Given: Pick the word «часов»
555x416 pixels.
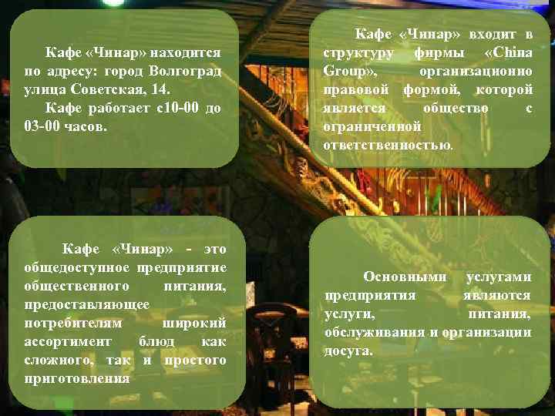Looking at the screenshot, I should [x=89, y=126].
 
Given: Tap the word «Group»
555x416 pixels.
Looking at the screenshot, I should [x=346, y=72].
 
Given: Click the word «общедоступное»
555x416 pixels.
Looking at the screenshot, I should [x=77, y=267].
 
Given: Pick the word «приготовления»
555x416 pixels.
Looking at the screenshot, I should [x=77, y=378].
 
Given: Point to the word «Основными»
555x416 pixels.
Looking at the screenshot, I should [x=405, y=277].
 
